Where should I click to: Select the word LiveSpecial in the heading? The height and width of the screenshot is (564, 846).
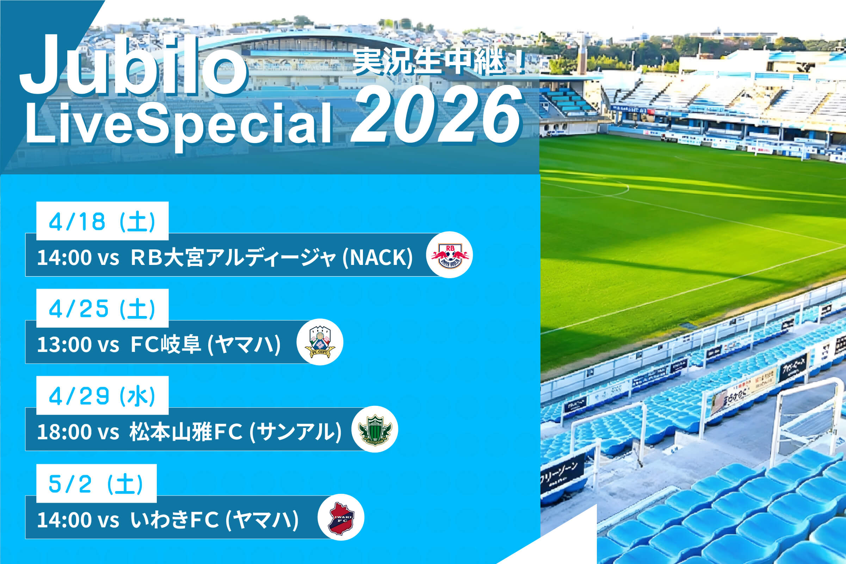pos(178,124)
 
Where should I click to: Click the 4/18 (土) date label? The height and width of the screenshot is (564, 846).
pos(102,221)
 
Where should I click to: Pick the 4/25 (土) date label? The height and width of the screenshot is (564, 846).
pos(102,308)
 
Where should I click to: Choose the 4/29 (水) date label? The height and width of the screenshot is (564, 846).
pos(102,396)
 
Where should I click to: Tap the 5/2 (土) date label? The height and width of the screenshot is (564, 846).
pos(96,483)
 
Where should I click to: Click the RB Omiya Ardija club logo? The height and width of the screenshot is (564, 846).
pos(449,255)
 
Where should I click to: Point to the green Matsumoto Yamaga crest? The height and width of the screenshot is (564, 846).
pos(375,429)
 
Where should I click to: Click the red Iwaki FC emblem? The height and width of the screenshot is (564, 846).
pos(341,517)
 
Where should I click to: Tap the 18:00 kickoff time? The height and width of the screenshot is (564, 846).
pos(64,432)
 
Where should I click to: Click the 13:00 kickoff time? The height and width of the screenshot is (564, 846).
pos(64,344)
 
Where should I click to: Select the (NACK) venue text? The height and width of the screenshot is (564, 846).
pos(378,258)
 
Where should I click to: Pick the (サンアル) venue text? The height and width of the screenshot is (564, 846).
pos(295,432)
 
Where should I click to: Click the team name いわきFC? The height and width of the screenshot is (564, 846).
pos(174,519)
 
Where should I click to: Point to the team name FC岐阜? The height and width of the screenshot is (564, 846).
pos(166,344)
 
